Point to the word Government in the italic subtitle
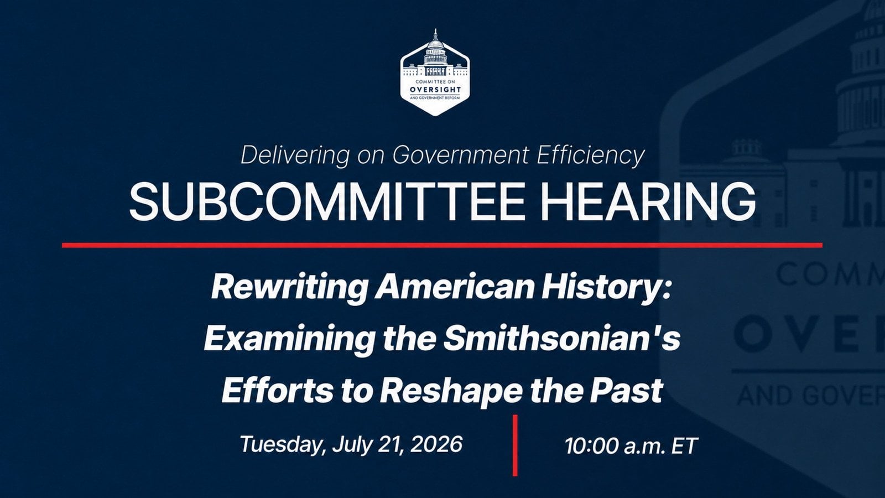460,155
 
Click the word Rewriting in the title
290,287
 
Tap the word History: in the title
606,287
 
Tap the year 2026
436,444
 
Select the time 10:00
591,446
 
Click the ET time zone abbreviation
684,446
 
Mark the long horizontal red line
442,246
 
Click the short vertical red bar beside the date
515,445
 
